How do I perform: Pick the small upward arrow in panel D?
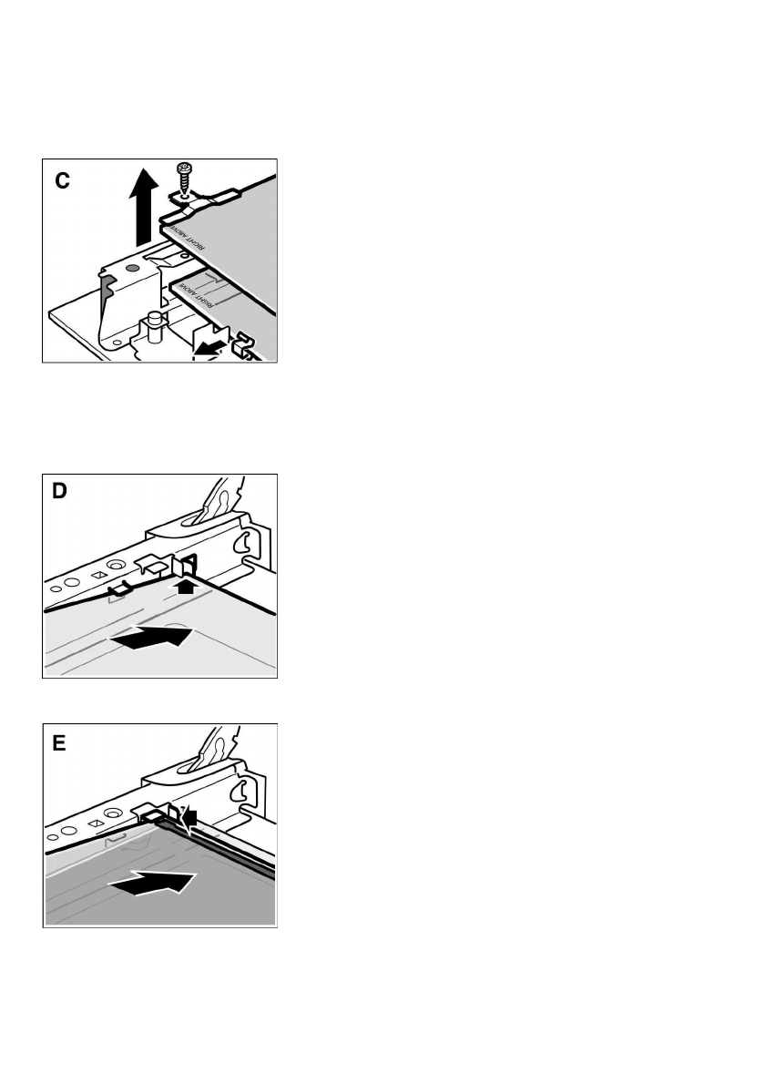tap(188, 588)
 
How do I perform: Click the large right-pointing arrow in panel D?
tap(150, 639)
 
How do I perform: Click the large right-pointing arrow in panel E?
tap(153, 882)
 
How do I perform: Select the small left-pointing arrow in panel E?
tap(191, 819)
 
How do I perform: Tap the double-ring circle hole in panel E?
tap(113, 813)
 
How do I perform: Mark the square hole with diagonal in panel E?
tap(94, 822)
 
